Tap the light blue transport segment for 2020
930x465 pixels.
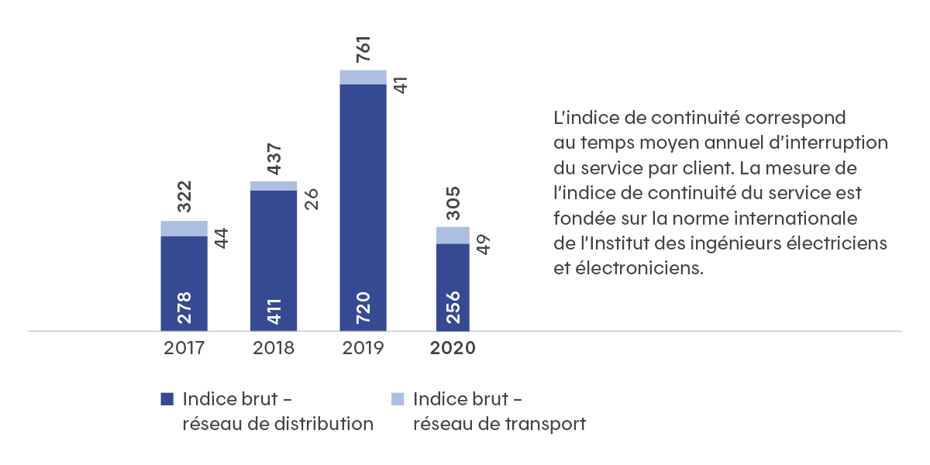point(453,235)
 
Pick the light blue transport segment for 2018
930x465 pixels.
point(274,186)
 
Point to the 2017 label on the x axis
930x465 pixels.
point(184,348)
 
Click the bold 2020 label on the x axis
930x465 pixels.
point(453,348)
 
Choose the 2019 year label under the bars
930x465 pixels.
point(363,348)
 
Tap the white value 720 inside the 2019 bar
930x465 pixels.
point(364,308)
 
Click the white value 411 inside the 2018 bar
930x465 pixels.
point(274,308)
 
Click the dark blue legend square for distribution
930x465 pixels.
point(167,400)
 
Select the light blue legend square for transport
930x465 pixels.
point(398,400)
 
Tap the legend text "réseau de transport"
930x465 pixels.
point(499,424)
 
